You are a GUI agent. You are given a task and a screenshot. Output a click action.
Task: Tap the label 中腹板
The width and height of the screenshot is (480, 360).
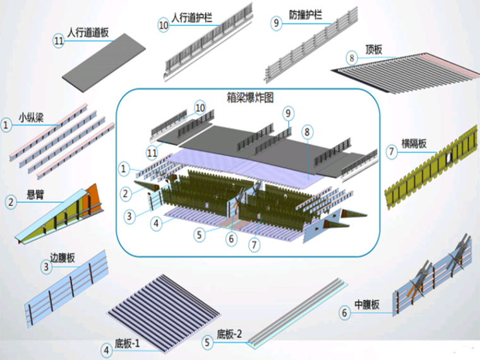point(366,305)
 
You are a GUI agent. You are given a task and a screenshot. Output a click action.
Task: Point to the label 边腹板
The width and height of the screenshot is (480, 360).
point(63,258)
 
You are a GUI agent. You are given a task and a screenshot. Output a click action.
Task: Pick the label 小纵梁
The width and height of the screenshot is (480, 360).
point(30,117)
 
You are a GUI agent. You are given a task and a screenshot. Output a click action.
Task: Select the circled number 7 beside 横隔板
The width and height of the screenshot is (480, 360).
point(391,152)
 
